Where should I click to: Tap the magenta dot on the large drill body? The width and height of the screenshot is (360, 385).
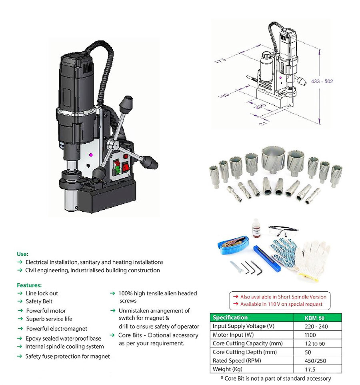[91, 154]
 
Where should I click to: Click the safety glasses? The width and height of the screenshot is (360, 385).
[283, 230]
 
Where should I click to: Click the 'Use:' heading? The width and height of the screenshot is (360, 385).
[22, 254]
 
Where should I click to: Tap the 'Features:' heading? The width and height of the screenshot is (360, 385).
[29, 285]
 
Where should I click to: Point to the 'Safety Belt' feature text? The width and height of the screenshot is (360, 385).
[39, 301]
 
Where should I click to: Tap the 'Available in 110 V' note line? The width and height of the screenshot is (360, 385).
[282, 304]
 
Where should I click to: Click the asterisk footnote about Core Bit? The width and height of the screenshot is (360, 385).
[275, 378]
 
